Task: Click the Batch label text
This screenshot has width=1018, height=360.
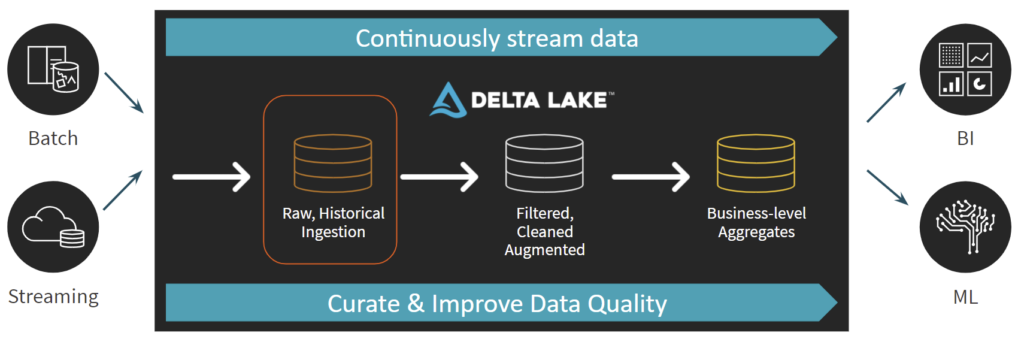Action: (x=53, y=138)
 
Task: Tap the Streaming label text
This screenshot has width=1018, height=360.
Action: (x=53, y=297)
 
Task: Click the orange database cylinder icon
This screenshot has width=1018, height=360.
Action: (x=333, y=163)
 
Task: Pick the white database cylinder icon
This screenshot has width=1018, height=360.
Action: (x=544, y=163)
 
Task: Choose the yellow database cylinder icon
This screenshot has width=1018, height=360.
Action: (x=756, y=163)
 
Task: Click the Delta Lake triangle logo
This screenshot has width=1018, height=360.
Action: (x=448, y=100)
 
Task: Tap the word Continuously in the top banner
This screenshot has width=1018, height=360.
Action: (x=428, y=38)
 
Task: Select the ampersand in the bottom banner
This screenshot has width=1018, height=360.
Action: (x=416, y=303)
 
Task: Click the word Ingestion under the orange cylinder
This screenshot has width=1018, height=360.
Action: (x=333, y=232)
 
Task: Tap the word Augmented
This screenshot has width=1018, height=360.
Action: (x=544, y=250)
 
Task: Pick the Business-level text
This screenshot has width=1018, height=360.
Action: (x=756, y=213)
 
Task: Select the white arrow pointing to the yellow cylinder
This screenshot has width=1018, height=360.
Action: (x=651, y=177)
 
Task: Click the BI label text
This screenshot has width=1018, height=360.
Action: (x=965, y=138)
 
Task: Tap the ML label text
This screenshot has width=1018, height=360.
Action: (x=965, y=297)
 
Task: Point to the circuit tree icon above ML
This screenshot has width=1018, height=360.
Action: (x=965, y=226)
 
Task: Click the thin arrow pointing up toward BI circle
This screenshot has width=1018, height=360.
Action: (x=886, y=102)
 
